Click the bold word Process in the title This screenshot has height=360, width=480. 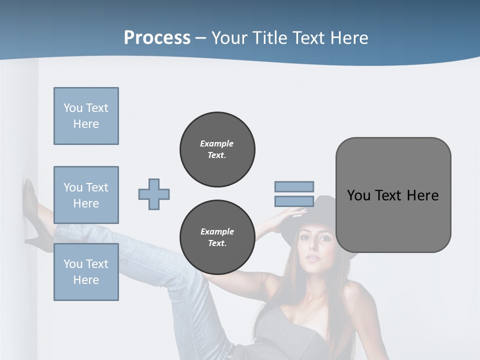click(157, 37)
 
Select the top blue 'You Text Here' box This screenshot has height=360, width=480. click(86, 116)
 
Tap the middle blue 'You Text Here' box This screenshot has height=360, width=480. click(86, 195)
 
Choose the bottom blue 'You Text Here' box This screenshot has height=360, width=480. click(86, 272)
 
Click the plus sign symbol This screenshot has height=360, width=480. click(154, 194)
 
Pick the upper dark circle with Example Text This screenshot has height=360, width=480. click(217, 149)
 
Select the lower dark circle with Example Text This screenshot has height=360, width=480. click(217, 237)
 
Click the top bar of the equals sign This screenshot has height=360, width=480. click(294, 186)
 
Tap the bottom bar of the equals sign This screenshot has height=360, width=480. click(294, 201)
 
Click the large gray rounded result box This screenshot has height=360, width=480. click(393, 195)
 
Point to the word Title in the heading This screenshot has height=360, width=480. click(270, 37)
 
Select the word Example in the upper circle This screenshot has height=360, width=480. click(217, 143)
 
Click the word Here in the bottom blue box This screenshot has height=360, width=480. click(86, 280)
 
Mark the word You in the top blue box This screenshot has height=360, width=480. click(72, 108)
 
